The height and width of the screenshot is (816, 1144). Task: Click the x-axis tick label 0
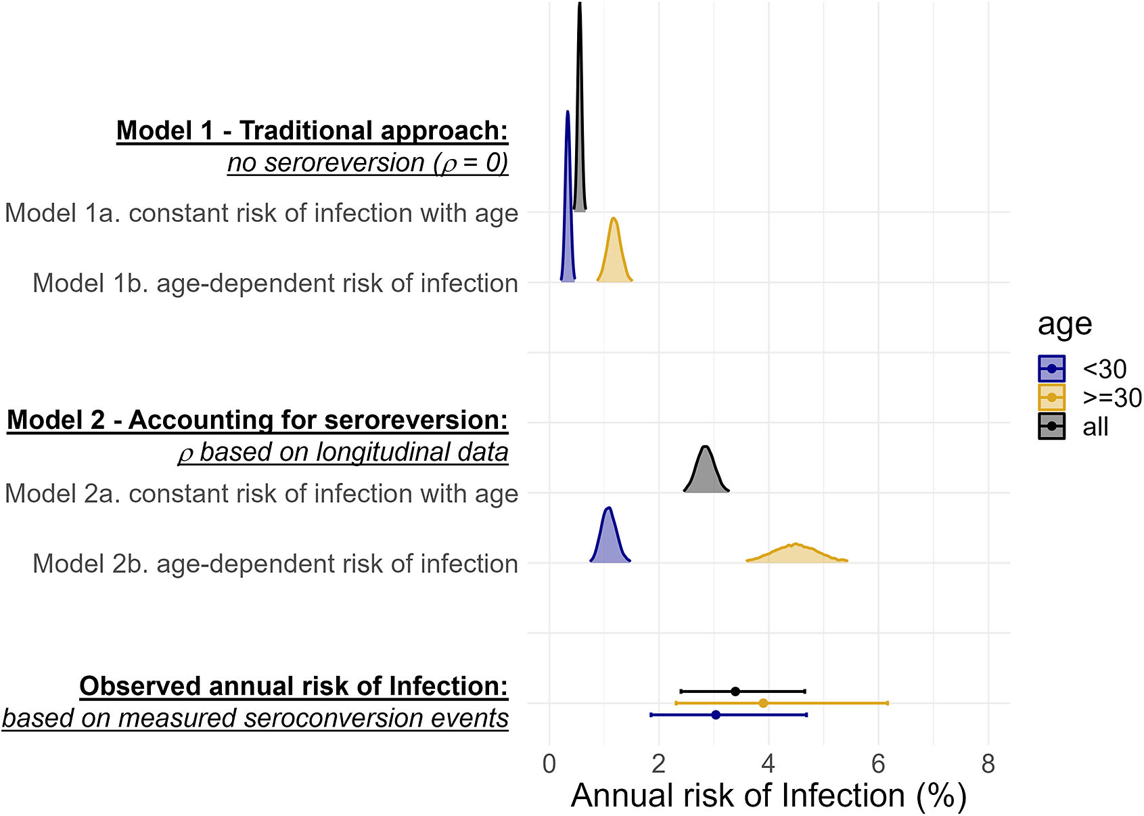549,764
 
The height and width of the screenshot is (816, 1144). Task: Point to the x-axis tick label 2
658,764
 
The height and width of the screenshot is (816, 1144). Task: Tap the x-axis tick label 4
768,764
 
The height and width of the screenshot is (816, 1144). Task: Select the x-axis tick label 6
878,764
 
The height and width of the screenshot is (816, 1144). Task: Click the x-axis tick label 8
988,764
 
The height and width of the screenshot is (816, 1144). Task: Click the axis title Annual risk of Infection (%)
769,796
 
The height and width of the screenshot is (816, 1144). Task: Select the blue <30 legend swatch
1051,369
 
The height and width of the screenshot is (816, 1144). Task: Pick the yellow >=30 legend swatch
1051,398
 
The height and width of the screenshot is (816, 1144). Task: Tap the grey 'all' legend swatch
1051,426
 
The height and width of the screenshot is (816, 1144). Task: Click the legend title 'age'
1064,325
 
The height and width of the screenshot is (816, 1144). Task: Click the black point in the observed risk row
735,692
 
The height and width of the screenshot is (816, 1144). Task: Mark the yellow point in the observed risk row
763,703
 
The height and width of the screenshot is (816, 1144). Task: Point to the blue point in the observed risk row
716,715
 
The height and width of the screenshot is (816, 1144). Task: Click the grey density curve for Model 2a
706,474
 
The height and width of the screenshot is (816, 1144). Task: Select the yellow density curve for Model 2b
796,553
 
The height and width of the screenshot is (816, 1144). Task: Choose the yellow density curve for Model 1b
614,257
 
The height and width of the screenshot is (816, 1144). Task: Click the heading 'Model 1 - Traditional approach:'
312,131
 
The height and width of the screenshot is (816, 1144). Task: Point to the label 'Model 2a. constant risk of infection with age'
261,494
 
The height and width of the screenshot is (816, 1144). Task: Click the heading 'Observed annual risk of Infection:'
294,686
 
